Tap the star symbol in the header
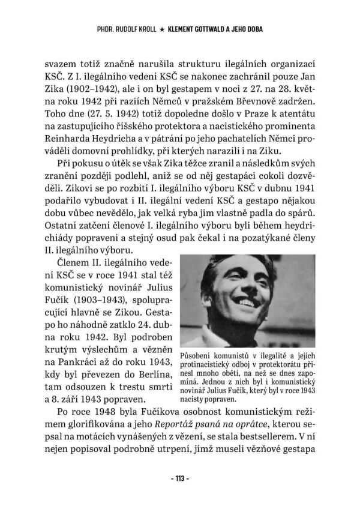[161, 28]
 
